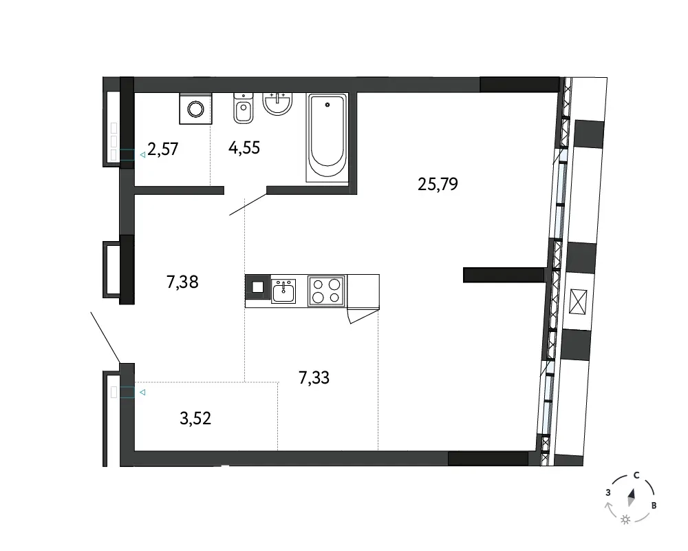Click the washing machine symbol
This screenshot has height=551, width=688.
(195, 109)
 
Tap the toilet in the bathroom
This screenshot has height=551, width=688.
(244, 108)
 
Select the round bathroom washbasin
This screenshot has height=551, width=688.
(277, 103)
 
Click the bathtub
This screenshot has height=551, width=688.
(327, 138)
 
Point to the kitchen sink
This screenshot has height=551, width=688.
(283, 291)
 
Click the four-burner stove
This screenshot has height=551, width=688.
(326, 291)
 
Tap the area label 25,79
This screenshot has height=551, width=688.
(438, 184)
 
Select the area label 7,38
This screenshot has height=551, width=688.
(182, 282)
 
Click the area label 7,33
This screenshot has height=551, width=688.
(314, 377)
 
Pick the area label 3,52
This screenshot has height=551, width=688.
(195, 418)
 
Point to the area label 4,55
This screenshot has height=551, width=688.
(244, 147)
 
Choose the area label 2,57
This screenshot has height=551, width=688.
(163, 149)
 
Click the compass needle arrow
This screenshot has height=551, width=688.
(632, 497)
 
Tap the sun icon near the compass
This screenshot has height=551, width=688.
(625, 520)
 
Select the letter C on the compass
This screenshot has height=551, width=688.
(636, 475)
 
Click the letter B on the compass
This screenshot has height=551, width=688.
(654, 506)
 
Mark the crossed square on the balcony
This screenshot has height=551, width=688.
(577, 302)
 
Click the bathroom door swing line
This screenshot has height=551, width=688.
(248, 204)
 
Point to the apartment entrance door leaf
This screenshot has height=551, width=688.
(105, 337)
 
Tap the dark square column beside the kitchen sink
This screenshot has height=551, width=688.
(258, 287)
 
